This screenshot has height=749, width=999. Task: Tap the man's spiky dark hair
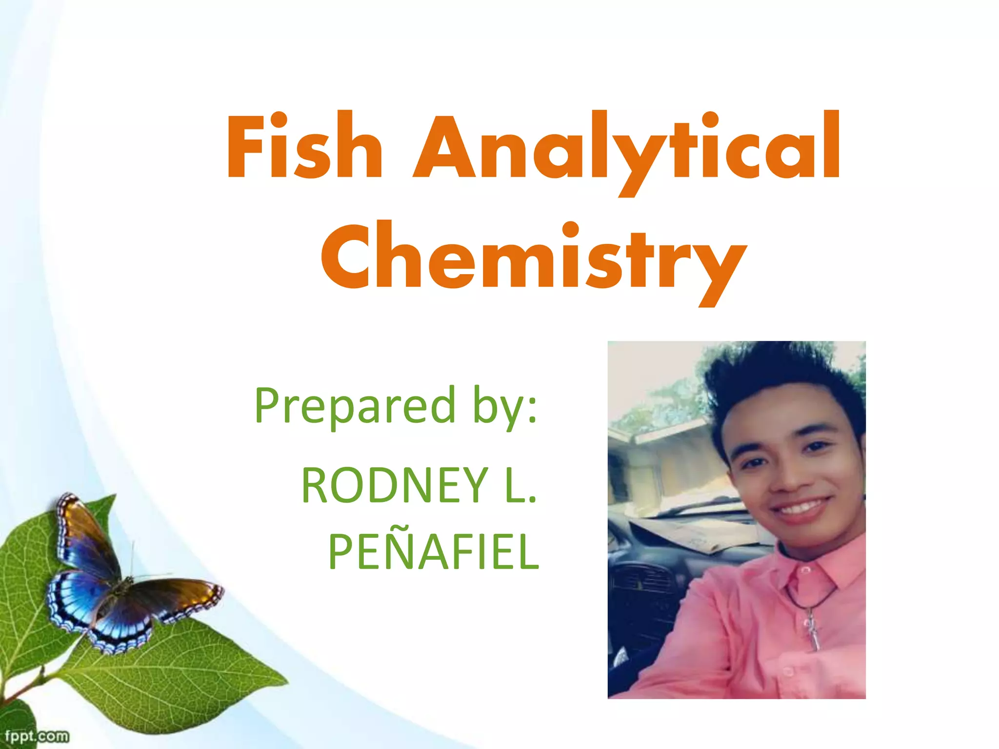pos(780,375)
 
